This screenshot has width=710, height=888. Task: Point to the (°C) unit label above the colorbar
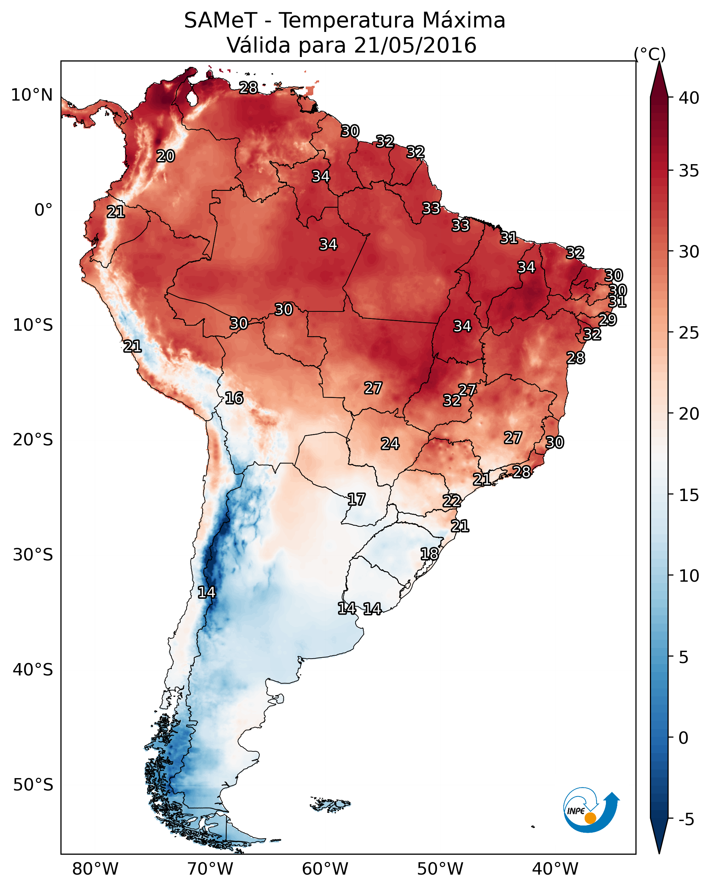point(650,54)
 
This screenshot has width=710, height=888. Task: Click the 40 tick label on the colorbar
point(689,98)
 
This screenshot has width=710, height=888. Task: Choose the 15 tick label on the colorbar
point(689,495)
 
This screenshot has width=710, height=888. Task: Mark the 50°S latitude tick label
point(33,785)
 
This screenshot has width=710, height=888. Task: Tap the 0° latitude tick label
point(43,210)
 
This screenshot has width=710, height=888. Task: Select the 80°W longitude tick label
point(95,869)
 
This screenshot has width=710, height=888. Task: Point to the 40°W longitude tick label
point(555,869)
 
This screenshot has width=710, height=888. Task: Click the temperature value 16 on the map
point(234,398)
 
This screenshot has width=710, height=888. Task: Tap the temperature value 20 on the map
point(166,156)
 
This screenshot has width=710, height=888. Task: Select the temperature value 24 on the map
point(390,444)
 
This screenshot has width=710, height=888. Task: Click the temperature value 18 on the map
point(429,554)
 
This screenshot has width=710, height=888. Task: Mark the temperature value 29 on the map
point(607,320)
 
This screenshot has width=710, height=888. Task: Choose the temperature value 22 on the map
point(452,501)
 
